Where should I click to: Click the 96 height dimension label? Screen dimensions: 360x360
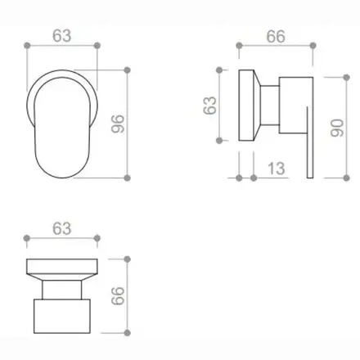118,124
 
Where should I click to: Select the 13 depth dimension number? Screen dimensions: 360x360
277,169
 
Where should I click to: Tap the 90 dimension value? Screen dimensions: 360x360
337,128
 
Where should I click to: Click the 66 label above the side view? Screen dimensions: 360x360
276,37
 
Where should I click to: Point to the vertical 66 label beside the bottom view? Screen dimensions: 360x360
118,295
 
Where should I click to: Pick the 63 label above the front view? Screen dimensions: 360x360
62,36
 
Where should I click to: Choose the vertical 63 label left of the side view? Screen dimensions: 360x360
209,106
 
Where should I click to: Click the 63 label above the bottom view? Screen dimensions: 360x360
62,228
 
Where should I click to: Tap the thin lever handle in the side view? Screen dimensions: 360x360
309,142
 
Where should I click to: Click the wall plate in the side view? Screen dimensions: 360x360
246,106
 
